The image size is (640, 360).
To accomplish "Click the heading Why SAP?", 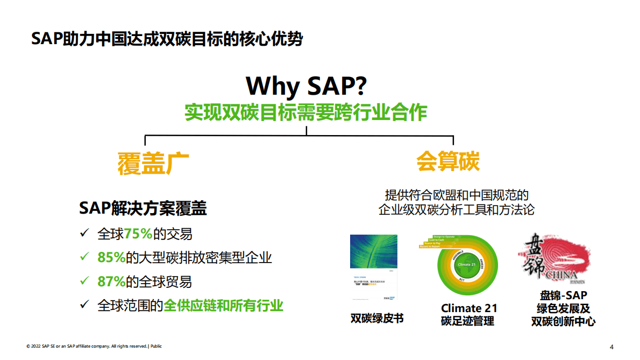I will (306, 86).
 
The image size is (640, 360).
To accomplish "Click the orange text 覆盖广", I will (153, 163).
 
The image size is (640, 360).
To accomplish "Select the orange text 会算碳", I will (447, 160).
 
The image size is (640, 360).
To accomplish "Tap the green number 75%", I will (138, 234).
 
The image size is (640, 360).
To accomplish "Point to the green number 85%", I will (111, 258).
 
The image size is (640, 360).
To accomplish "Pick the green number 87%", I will (111, 281).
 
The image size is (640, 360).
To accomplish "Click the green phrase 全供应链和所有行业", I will (223, 305).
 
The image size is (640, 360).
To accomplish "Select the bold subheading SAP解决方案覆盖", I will (143, 208).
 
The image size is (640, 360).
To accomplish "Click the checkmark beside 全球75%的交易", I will (84, 234).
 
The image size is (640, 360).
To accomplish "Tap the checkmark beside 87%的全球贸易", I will (84, 281).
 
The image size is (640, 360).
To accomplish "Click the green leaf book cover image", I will (374, 268).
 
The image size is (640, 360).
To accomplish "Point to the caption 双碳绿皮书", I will (376, 318).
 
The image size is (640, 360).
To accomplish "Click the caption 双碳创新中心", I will (563, 322).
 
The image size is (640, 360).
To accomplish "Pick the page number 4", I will (611, 346).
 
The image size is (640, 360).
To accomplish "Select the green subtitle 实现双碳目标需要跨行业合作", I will (306, 112).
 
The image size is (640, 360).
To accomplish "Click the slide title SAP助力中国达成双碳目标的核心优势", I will (167, 39).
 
